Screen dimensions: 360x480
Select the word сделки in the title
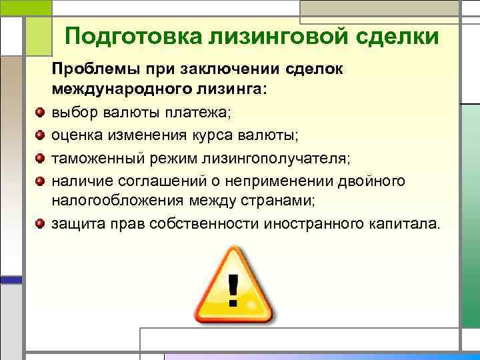(394, 36)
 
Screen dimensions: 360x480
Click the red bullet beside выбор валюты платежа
(41, 112)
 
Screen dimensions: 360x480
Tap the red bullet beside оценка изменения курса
(41, 135)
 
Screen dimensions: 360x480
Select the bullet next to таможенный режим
(41, 158)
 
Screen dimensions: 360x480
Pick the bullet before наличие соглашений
(41, 181)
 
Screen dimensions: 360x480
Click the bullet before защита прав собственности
(41, 223)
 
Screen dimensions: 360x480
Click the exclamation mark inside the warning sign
(233, 289)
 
